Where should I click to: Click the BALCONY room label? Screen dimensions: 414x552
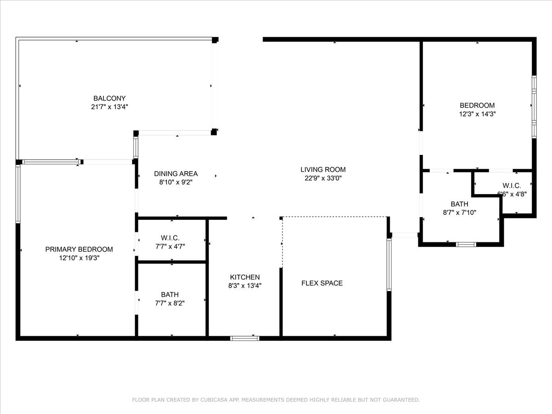[109, 98]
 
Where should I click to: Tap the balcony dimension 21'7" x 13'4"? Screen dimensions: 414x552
[109, 107]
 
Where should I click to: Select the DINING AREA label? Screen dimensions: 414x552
[176, 173]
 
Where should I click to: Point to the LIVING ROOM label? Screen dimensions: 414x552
[323, 169]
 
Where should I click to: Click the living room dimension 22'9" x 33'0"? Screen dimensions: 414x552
[323, 178]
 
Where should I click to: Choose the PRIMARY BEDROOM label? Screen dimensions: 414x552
[79, 249]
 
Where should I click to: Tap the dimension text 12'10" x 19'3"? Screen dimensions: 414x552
[79, 258]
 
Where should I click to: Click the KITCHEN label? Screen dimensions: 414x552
[245, 277]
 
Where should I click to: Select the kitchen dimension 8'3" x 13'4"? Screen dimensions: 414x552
[245, 286]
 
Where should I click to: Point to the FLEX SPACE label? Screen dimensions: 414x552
[322, 283]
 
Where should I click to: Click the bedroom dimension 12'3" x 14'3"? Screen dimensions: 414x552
[477, 114]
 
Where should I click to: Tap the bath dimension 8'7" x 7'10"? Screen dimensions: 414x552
[459, 213]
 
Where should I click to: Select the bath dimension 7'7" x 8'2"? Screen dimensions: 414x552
[170, 303]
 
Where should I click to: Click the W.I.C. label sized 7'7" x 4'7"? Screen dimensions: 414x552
[170, 238]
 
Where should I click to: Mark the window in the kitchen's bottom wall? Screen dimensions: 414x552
[245, 338]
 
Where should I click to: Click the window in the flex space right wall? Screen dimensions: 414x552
[389, 265]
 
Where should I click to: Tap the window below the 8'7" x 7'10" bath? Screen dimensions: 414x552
[466, 244]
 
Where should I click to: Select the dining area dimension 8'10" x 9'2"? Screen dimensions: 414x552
[176, 182]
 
